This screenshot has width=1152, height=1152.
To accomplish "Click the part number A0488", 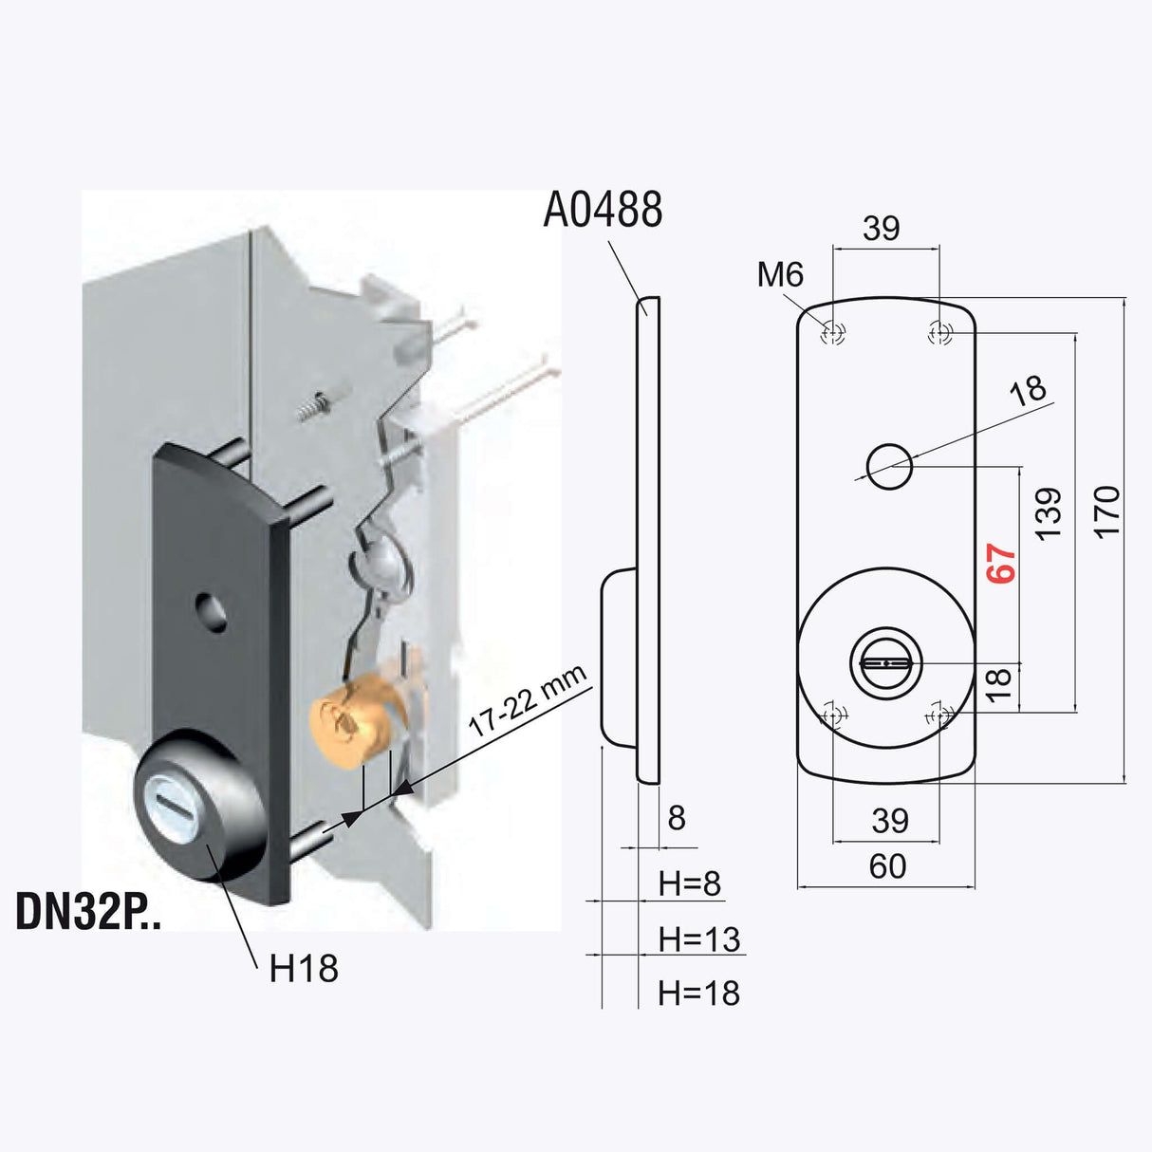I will [603, 210].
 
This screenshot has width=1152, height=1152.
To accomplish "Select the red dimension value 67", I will [1002, 564].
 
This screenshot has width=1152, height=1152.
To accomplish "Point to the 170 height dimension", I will [1106, 511].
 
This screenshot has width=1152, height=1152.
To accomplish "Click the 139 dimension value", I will [1048, 513].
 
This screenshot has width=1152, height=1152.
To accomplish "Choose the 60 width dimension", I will [887, 866].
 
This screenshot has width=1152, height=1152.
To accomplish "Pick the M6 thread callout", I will [780, 274].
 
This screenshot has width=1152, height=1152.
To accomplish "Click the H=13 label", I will [699, 939].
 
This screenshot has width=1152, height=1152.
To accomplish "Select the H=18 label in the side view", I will [699, 994].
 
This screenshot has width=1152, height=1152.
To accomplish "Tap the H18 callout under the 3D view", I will [304, 969].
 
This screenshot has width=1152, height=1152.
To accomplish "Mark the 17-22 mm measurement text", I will [528, 700].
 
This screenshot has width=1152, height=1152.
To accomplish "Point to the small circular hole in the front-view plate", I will [890, 467].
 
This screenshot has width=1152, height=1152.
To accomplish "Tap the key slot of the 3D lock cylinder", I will [180, 806].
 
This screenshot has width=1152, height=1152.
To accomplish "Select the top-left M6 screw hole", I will [832, 333].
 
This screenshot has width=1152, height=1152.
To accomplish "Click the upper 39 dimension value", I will [882, 229].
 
